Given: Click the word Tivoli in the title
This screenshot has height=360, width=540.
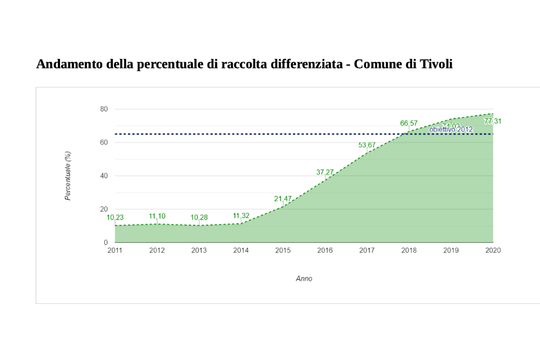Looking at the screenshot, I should click(435, 64).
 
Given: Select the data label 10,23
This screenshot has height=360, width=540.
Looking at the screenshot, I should click(115, 218).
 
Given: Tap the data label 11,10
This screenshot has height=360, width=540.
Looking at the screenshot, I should click(157, 216).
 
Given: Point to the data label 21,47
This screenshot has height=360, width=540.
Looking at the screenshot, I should click(282, 199).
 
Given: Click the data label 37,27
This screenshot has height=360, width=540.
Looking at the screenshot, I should click(325, 172).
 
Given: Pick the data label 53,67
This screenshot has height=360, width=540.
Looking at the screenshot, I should click(367, 145).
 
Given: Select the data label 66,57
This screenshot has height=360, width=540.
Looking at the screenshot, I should click(409, 123).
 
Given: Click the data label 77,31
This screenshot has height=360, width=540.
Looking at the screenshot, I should click(492, 121).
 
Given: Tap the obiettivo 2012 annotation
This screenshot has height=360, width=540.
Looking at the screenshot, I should click(451, 130).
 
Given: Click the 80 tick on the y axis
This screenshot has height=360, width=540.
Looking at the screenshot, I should click(104, 110).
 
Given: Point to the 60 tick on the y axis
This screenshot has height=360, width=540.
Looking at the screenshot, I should click(104, 142).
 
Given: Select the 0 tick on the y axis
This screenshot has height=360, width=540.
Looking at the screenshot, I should click(106, 243).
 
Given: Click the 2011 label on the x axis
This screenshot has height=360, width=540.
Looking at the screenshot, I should click(115, 250).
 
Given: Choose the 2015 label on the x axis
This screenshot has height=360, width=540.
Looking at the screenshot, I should click(283, 250).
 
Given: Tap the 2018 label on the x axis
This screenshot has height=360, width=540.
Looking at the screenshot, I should click(409, 250).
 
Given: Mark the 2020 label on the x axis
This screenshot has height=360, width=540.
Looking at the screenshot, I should click(492, 250).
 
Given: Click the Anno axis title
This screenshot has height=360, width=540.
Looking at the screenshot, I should click(304, 279).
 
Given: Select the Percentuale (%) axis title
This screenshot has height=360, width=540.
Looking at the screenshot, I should click(68, 175).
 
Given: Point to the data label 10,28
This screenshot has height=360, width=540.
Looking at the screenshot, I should click(199, 218).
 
